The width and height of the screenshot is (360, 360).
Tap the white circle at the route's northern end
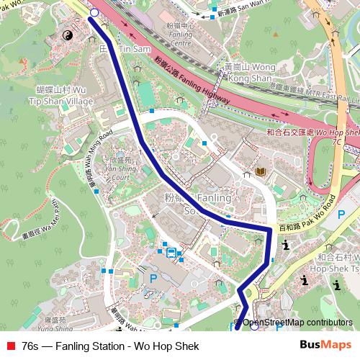pyautogui.click(x=94, y=12)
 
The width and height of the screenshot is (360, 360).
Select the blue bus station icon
pyautogui.click(x=171, y=253)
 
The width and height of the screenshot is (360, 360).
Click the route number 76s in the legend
pyautogui.click(x=30, y=346)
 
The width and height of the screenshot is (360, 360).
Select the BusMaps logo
pyautogui.click(x=325, y=346)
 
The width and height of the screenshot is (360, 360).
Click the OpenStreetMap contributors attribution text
pyautogui.click(x=297, y=323)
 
